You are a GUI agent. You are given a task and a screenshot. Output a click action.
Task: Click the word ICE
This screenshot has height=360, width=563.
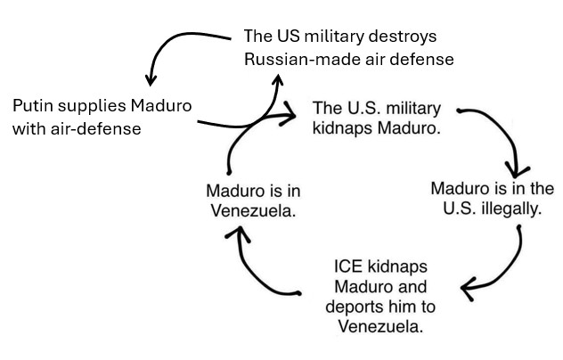348,266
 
